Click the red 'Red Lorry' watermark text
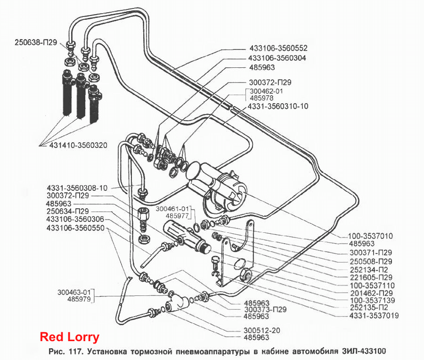click(x=70, y=337)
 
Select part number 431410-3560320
click(x=78, y=145)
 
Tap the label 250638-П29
click(x=36, y=42)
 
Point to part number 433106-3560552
click(x=278, y=48)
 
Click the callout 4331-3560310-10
click(x=278, y=106)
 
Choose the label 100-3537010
click(x=370, y=236)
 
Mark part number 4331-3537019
click(x=374, y=315)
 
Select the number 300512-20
click(x=262, y=330)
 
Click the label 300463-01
click(x=74, y=292)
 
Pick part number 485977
click(x=177, y=216)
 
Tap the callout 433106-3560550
click(x=75, y=228)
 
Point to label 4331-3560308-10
click(x=77, y=188)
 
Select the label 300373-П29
click(x=265, y=310)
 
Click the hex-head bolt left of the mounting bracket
click(x=215, y=263)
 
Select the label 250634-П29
click(x=67, y=211)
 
